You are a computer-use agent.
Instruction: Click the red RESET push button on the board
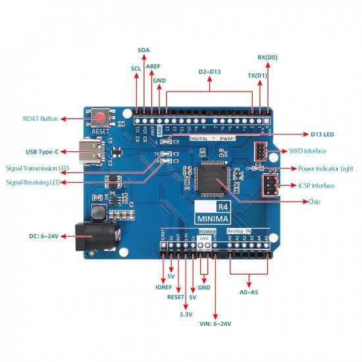(x=99, y=118)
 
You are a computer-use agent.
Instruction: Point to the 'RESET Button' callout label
(x=40, y=119)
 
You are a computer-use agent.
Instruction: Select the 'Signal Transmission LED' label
(x=37, y=168)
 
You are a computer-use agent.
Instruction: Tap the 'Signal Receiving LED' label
(x=38, y=182)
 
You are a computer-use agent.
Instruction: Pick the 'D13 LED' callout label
(x=322, y=135)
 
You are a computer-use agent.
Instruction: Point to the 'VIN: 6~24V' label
(x=216, y=323)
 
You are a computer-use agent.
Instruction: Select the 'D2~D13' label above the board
(x=209, y=71)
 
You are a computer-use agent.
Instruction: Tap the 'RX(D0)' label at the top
(x=267, y=57)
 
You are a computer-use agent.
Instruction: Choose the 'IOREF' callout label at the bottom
(x=163, y=287)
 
